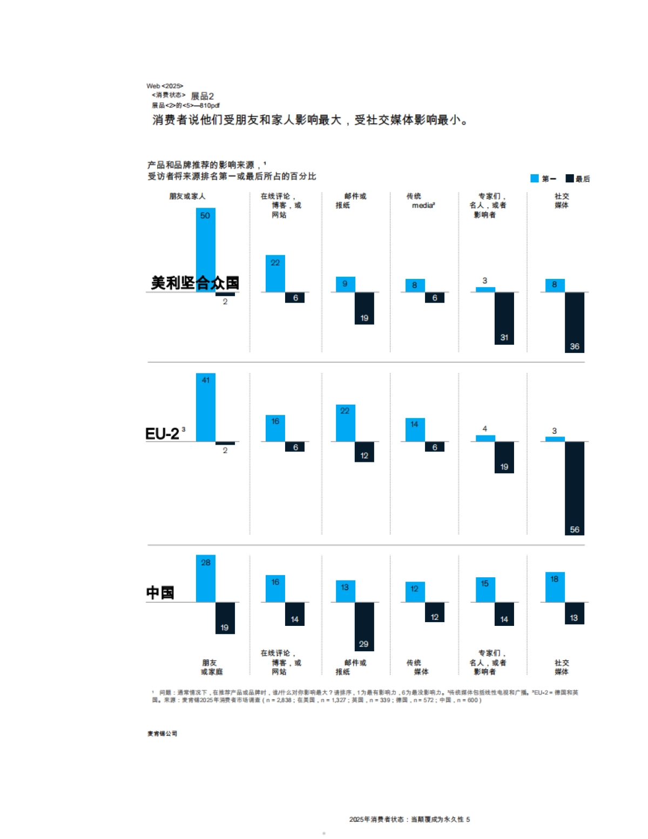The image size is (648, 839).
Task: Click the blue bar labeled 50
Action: pos(205,243)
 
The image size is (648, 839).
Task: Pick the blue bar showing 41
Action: pos(205,407)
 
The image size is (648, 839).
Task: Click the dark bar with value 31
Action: pos(504,318)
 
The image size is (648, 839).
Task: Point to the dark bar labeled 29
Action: pos(364,626)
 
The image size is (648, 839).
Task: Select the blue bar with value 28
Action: pos(205,579)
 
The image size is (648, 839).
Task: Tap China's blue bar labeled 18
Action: pos(555,587)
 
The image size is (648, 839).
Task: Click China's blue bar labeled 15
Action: pos(485,590)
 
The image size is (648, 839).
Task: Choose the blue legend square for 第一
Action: pos(535,179)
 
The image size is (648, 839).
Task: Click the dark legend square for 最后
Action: pos(569,179)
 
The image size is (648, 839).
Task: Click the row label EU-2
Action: pos(163,434)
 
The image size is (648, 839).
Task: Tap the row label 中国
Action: pos(160,592)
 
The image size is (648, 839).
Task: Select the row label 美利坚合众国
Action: pos(194,283)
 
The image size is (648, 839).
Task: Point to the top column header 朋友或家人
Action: pos(187,196)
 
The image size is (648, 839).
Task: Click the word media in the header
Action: pos(422,206)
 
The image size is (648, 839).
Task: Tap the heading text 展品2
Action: pos(202,96)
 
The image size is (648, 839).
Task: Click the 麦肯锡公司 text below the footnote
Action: pos(162,733)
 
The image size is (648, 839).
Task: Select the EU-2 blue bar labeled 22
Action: pos(345,423)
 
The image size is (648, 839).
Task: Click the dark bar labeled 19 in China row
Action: pos(225,618)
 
